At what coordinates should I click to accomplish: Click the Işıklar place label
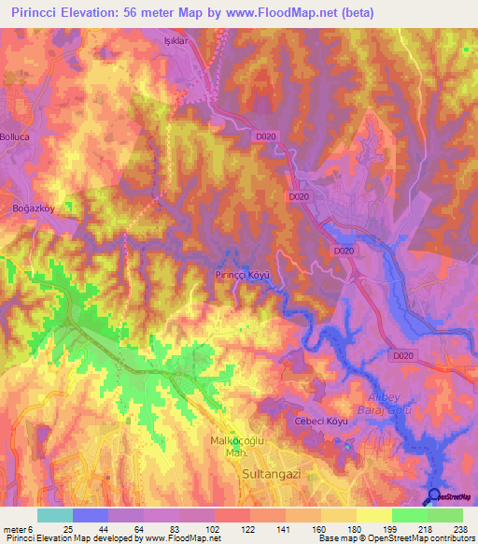[203, 42]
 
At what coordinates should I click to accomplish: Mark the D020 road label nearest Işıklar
[266, 136]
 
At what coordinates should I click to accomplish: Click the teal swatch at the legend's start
[55, 515]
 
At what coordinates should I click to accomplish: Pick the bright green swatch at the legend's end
[444, 515]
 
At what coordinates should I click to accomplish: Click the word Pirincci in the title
[34, 12]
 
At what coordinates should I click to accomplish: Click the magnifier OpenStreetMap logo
[435, 496]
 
